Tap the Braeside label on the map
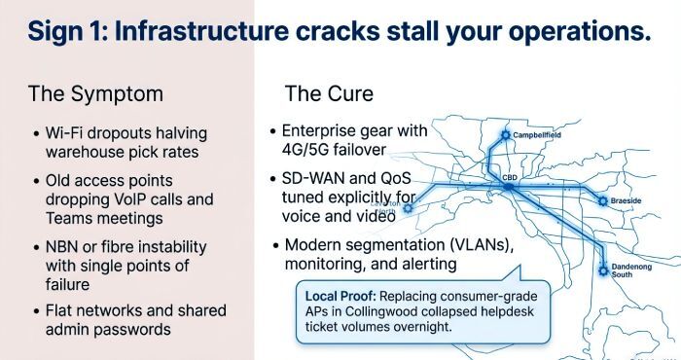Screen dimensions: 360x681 627,200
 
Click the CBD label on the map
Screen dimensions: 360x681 510,178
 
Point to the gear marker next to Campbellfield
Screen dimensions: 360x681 505,134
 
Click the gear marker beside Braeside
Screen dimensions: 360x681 602,200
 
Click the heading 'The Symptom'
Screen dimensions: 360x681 95,94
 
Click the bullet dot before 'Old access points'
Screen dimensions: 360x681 35,181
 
